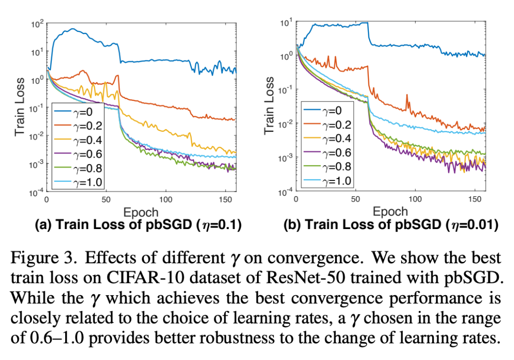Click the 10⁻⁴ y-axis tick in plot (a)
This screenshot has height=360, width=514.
coord(37,192)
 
